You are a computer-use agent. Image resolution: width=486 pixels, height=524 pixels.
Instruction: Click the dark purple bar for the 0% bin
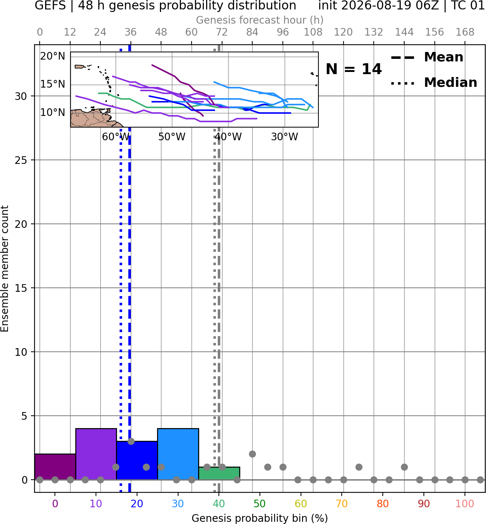(x=55, y=467)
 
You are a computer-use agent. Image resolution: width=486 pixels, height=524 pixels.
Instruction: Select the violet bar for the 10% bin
(x=96, y=454)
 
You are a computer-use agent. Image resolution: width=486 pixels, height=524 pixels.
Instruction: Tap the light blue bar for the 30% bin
(x=178, y=454)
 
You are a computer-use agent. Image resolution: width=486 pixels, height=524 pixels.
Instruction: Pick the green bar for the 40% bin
(x=219, y=473)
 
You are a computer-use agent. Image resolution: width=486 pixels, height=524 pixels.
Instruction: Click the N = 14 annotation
(x=354, y=69)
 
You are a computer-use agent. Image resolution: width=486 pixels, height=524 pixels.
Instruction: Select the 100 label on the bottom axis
(x=465, y=504)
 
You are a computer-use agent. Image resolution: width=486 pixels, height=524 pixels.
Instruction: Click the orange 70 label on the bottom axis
(x=342, y=504)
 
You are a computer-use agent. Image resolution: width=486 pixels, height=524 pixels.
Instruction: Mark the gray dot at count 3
(x=131, y=442)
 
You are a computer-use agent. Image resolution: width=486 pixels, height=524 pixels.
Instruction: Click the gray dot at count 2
(x=252, y=454)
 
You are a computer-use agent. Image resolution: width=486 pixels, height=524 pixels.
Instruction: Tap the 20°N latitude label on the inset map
(x=53, y=56)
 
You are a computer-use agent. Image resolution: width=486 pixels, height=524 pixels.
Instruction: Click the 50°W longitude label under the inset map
(x=172, y=137)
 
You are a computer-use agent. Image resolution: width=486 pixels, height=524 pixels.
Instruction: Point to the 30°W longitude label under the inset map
(x=285, y=137)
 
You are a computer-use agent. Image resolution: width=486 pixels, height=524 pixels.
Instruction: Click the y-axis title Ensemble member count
(x=4, y=269)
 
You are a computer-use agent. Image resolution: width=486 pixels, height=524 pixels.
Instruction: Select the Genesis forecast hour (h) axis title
(x=260, y=20)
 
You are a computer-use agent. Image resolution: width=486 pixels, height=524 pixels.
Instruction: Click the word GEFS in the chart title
(x=50, y=5)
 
